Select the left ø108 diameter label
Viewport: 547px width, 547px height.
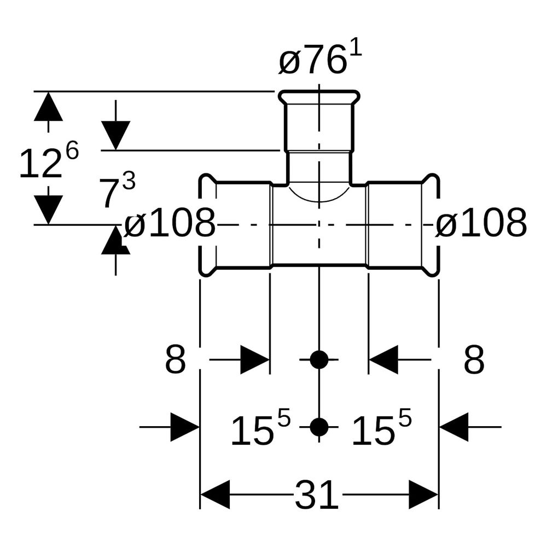[x=170, y=223]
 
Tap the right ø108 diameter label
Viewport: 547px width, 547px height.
[x=481, y=223]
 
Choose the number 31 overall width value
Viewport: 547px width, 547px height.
[x=317, y=494]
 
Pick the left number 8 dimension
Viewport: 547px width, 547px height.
[x=175, y=360]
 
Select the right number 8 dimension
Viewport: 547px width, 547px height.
[x=474, y=360]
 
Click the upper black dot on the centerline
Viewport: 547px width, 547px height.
[x=319, y=360]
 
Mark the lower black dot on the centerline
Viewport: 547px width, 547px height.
[x=319, y=427]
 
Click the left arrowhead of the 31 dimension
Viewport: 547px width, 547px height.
[x=215, y=494]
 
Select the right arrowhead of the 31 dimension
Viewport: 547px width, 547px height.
[x=423, y=494]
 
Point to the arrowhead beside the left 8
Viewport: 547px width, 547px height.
[x=255, y=360]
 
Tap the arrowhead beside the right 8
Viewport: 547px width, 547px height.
[x=383, y=360]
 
